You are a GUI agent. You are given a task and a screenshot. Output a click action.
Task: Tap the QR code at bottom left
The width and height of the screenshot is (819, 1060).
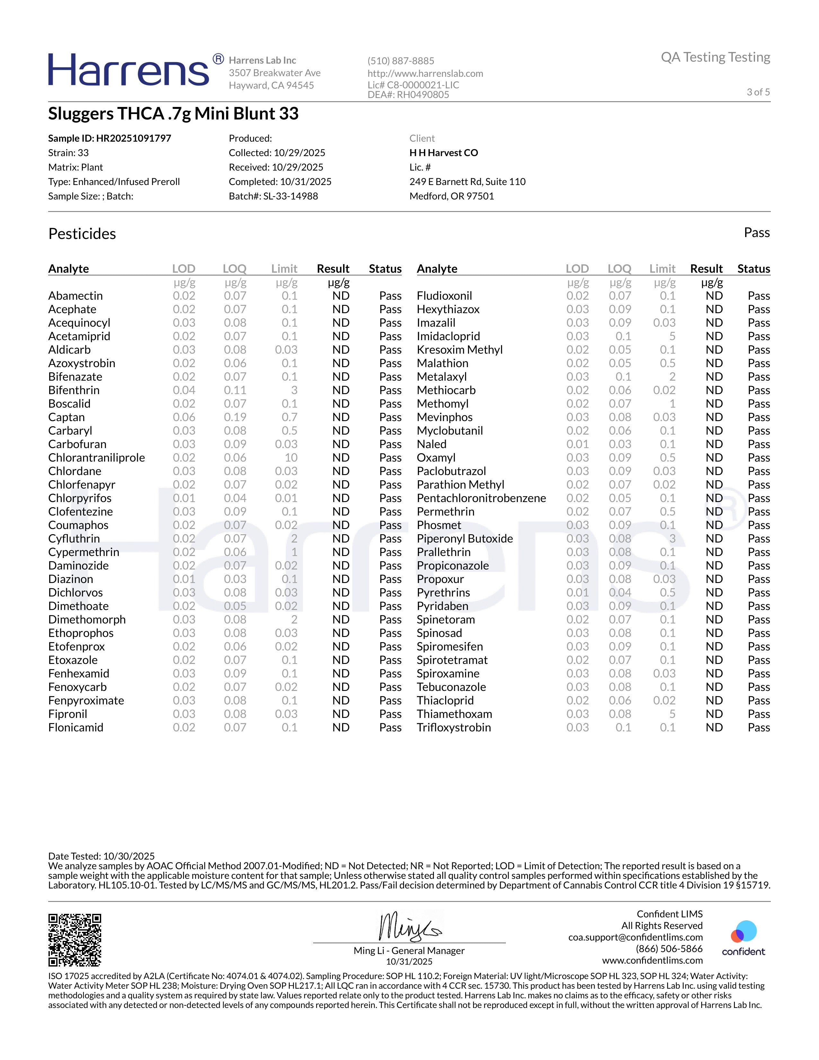[75, 940]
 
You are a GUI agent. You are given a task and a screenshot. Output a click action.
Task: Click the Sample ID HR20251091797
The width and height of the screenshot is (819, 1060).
[110, 138]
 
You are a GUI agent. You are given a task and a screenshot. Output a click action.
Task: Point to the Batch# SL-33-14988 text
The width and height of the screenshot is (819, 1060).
[273, 196]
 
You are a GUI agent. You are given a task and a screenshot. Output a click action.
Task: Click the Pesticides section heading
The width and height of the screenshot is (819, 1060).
[82, 234]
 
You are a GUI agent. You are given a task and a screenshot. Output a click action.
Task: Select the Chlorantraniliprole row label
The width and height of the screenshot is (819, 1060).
[97, 458]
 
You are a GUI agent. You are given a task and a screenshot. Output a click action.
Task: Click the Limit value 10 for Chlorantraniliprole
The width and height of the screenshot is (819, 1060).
[291, 458]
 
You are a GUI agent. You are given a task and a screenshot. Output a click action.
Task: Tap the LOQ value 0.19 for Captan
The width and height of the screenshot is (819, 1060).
[235, 417]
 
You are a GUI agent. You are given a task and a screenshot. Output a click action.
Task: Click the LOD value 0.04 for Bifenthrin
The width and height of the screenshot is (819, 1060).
[184, 390]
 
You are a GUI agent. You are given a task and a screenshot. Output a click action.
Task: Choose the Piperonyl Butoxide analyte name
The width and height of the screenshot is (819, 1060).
[464, 539]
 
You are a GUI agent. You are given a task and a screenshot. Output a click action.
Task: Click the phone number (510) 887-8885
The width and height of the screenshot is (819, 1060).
[401, 61]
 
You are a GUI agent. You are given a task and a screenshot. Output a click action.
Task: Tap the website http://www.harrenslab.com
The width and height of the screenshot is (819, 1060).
[425, 73]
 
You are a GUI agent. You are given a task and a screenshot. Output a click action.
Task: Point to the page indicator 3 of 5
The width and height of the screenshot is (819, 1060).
[758, 92]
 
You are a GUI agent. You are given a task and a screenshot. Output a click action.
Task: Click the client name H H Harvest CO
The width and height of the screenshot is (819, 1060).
[444, 153]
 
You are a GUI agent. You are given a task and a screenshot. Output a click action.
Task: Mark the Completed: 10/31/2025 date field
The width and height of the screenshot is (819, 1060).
[280, 181]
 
